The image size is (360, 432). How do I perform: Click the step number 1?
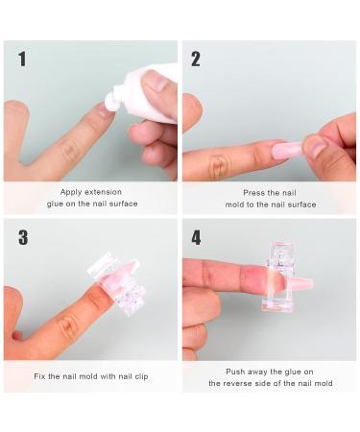[21, 60]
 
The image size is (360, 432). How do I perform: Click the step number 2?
[196, 60]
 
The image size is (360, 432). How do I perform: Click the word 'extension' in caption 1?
[107, 192]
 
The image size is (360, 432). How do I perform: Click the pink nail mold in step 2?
[288, 150]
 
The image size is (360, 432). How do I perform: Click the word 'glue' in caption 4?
[299, 371]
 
